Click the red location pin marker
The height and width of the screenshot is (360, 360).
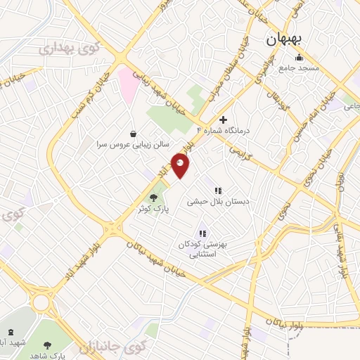tap(181, 167)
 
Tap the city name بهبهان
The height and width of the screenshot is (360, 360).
tap(284, 41)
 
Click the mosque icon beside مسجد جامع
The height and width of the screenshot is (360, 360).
tap(300, 58)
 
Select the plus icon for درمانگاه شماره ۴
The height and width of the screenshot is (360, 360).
tap(224, 120)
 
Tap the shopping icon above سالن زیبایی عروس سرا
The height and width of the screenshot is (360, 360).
tap(134, 133)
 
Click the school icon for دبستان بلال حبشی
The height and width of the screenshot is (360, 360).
tap(218, 190)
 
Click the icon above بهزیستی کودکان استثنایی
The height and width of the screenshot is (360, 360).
tap(202, 233)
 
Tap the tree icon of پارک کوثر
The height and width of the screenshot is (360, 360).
tap(153, 198)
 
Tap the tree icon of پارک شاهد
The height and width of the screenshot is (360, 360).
tap(47, 345)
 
